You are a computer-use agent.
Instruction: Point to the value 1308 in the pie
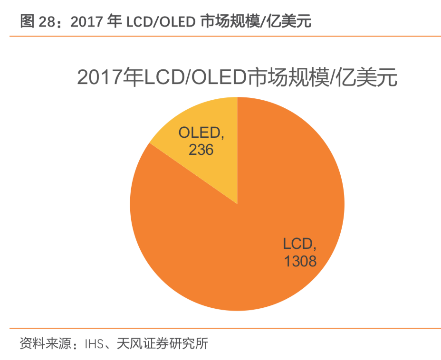click(300, 261)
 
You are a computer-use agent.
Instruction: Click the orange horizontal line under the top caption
click(220, 36)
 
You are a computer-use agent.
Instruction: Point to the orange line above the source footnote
click(220, 328)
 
